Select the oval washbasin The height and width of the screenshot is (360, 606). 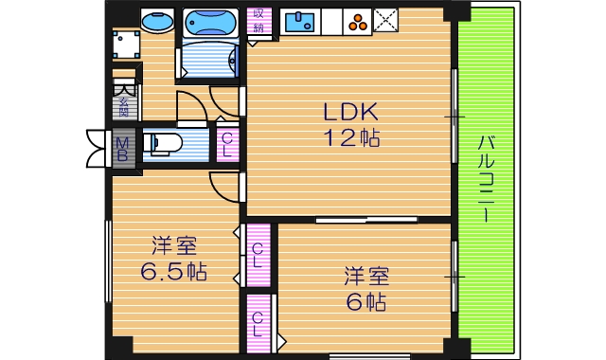(156, 21)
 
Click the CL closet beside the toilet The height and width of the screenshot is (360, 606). (227, 144)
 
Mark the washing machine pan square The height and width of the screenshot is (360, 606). (126, 45)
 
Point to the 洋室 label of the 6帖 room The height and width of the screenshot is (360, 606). (365, 278)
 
